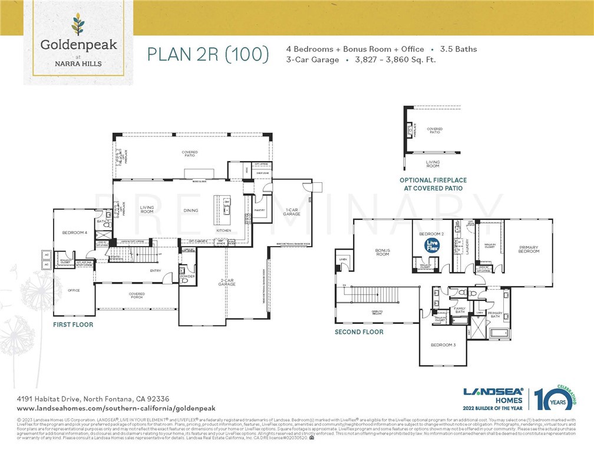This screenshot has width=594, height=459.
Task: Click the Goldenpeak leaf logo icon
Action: coord(78,25)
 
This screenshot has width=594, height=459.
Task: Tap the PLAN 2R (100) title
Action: coord(207,54)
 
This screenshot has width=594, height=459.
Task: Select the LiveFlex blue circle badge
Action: coord(433,245)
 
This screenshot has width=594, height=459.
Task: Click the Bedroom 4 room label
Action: coord(75,233)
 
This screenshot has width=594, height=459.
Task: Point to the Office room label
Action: coord(74,290)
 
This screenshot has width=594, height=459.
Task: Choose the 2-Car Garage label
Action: coord(227,283)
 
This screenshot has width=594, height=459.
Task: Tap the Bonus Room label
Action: coord(383,252)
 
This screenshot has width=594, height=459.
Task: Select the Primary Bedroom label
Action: coord(529,250)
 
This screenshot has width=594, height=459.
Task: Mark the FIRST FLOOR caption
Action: coord(73,324)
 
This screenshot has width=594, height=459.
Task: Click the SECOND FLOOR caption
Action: coord(359,332)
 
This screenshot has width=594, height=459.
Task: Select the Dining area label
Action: coord(190,211)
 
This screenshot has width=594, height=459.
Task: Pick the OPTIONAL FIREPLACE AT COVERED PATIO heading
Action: coord(433,184)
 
